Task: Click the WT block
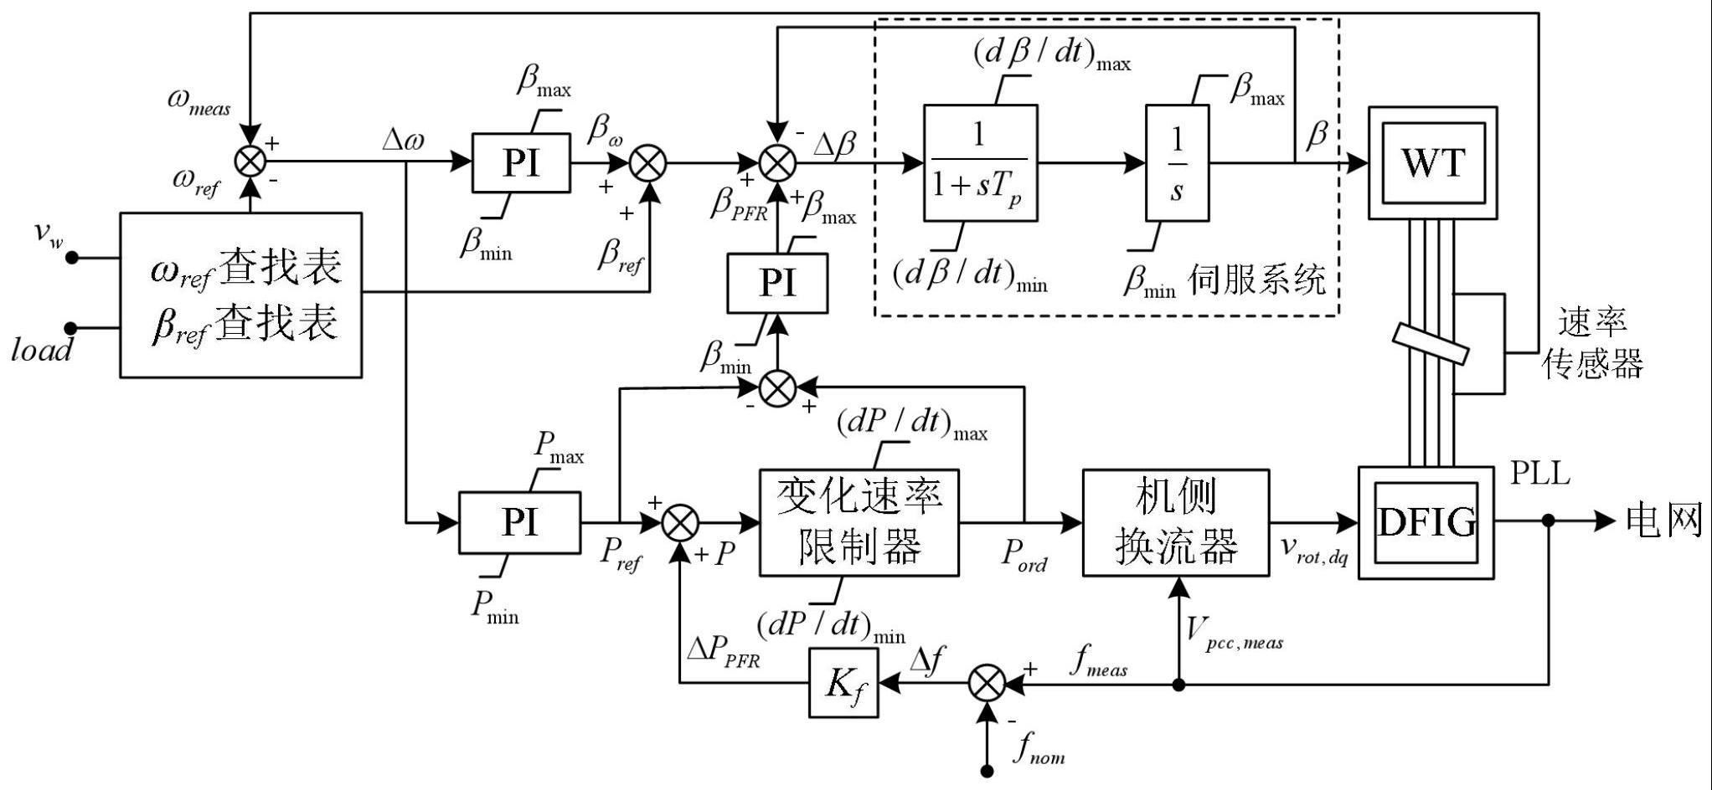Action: (x=1432, y=162)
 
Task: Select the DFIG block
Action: (x=1426, y=522)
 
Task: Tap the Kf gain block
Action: (x=843, y=684)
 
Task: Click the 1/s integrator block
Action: (x=1177, y=162)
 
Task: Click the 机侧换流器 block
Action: (x=1175, y=522)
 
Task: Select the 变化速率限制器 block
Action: (x=859, y=522)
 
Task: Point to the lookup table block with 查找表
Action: (x=241, y=295)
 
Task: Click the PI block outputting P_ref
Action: (x=519, y=522)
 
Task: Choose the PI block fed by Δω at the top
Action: (x=520, y=162)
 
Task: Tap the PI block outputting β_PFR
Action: (x=777, y=283)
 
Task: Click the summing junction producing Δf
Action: (x=987, y=684)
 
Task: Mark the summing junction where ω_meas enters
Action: (x=250, y=162)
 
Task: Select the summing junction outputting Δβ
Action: (x=777, y=162)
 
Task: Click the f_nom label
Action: (x=1039, y=749)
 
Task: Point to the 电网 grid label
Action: (x=1663, y=521)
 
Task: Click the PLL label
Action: (x=1539, y=474)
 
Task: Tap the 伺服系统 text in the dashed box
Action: (x=1256, y=280)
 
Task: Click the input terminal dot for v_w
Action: (x=72, y=258)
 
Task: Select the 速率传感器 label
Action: (x=1591, y=343)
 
